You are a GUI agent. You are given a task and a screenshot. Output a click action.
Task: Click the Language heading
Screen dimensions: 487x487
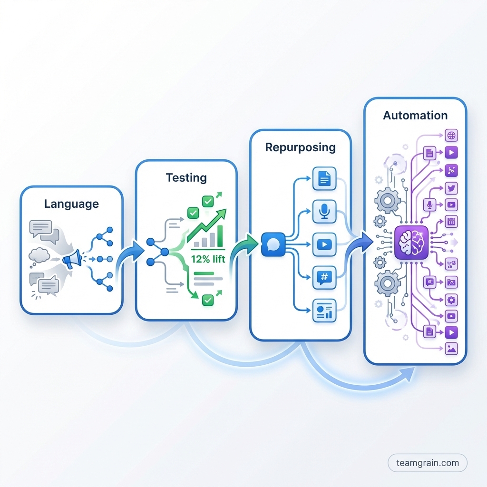coord(71,204)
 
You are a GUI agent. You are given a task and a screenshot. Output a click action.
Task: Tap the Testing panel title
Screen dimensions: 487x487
coord(186,178)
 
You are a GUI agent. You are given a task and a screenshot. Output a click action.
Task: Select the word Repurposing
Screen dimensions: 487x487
coord(300,147)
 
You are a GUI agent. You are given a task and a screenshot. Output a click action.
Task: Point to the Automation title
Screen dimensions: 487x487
coord(415,116)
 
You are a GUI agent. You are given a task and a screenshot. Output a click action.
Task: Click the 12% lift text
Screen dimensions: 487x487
coord(208,260)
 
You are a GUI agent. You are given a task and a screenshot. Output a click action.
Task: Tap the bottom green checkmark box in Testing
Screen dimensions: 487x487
coord(207,300)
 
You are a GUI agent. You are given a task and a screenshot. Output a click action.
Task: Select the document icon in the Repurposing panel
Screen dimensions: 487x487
coord(324,179)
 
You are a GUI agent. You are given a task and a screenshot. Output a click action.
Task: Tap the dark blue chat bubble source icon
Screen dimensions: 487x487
coord(273,244)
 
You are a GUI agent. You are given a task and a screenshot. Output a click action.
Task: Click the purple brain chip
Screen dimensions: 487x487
coord(411,242)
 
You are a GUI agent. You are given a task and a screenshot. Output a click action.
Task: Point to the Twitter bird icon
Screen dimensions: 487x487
coord(451,188)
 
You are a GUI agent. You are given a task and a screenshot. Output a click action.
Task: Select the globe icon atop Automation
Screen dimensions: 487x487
coord(451,136)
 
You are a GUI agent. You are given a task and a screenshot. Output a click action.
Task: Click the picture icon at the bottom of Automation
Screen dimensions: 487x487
coord(451,348)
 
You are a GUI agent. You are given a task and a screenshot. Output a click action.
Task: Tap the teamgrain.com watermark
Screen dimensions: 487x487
coord(428,462)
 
